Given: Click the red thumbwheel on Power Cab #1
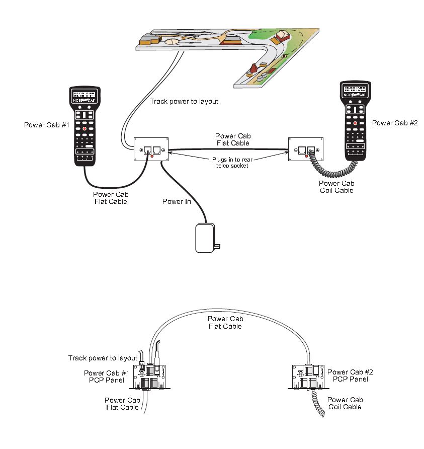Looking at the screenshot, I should click(x=84, y=129).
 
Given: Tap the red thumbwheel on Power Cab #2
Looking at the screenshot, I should click(x=355, y=123).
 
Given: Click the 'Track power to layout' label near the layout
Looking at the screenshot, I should click(x=184, y=101).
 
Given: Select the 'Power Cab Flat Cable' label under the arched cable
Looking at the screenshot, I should click(x=225, y=323).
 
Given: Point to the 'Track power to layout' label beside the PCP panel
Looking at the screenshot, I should click(x=103, y=358).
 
